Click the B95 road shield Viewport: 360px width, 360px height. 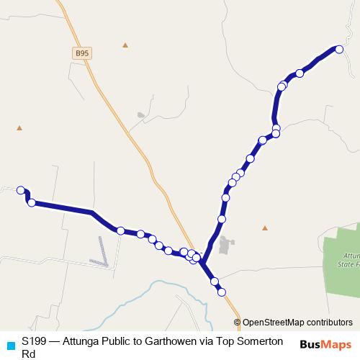[82, 54]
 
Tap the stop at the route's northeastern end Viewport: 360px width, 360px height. [339, 49]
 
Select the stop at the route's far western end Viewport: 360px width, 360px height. [21, 189]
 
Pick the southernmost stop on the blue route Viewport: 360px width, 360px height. [222, 292]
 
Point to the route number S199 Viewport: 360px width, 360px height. [35, 341]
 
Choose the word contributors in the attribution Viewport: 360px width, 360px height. [328, 323]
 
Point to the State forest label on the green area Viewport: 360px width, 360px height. [348, 260]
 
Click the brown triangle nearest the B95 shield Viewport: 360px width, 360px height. [125, 45]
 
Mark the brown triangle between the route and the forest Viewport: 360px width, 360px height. [265, 228]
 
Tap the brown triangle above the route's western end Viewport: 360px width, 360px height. [19, 128]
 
